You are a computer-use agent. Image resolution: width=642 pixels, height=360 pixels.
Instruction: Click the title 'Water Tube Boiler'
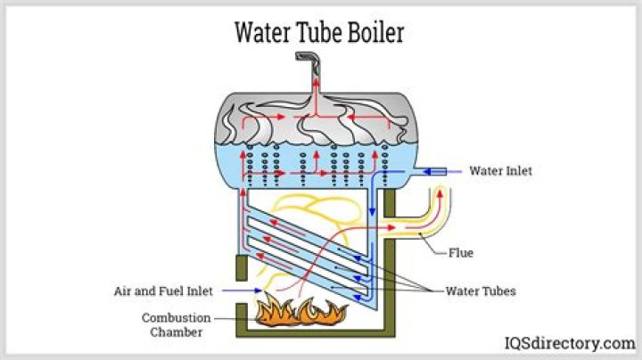coord(319,32)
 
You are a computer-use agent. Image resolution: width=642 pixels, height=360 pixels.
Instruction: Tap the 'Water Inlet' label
coord(500,170)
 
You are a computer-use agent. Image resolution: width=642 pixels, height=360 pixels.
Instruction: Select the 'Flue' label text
coord(461,253)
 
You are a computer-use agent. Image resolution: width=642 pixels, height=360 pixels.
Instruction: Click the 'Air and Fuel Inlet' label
coord(164,290)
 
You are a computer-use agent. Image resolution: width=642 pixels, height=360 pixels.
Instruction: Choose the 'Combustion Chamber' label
coord(176,325)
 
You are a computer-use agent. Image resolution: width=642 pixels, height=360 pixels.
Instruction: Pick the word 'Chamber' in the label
coord(176,332)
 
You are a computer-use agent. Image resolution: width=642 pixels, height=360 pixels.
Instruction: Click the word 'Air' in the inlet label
coord(124,290)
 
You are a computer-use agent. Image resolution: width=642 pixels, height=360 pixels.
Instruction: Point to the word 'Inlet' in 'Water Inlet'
coord(518,170)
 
